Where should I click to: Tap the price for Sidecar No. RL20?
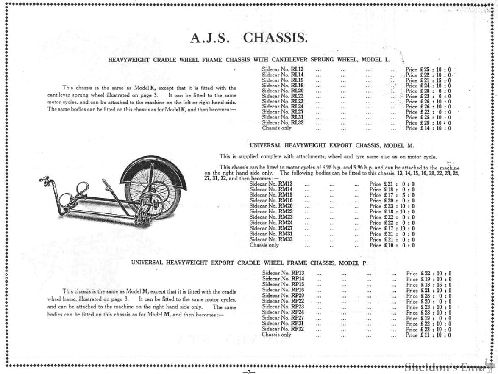(x=428, y=91)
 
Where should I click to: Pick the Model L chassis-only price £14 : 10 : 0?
(x=428, y=128)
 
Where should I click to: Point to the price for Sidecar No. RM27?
(x=392, y=228)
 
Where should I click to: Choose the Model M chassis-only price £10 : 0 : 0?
(x=392, y=245)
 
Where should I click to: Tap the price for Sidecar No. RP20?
(x=428, y=296)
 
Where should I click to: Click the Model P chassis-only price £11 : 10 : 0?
(x=428, y=335)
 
